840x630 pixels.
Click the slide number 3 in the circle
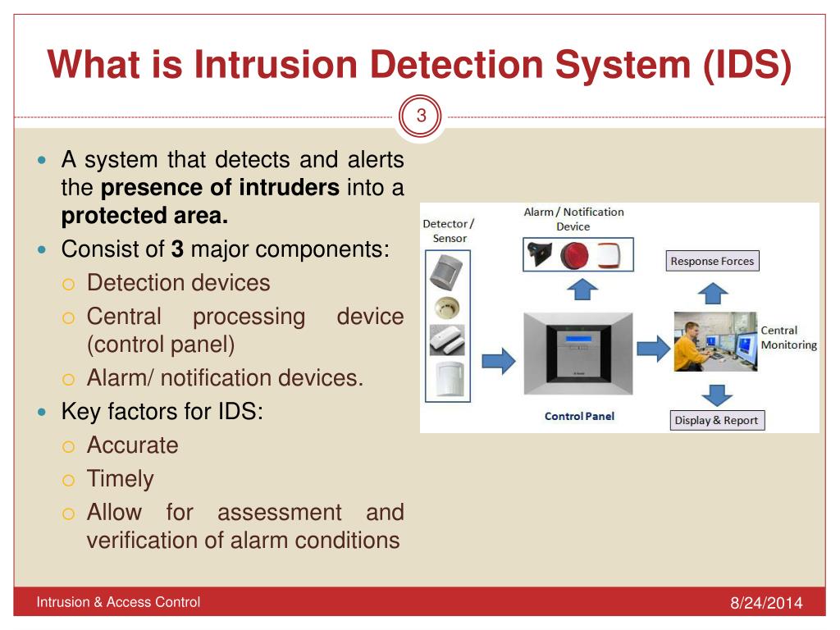point(421,116)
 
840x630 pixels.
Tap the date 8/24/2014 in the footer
point(765,604)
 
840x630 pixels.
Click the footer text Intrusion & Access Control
point(118,602)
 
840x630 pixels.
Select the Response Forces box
point(711,262)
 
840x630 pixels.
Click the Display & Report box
point(715,420)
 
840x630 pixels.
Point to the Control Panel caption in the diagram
point(579,416)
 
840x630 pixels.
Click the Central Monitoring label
point(788,337)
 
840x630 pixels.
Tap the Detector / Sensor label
point(449,231)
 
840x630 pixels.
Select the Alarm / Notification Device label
point(573,218)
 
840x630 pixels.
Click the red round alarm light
point(574,255)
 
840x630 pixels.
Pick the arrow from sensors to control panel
point(498,359)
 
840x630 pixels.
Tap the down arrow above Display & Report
point(716,394)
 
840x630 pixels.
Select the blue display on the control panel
point(579,336)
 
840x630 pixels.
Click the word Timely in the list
point(120,479)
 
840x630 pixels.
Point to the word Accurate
point(132,445)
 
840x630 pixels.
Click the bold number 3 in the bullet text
point(177,249)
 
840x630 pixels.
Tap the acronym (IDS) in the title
point(746,66)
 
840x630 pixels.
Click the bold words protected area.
point(144,217)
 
